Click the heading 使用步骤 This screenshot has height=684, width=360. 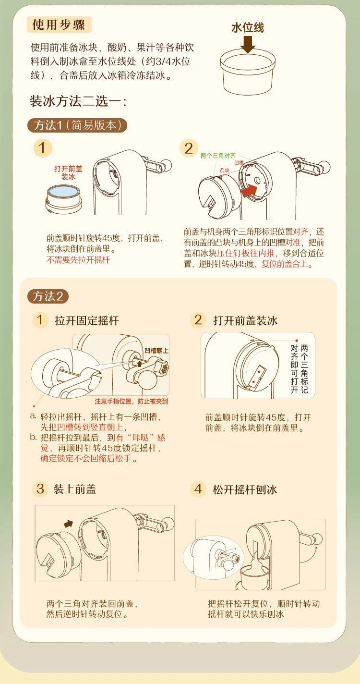pos(59,24)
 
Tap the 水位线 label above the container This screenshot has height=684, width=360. pos(247,28)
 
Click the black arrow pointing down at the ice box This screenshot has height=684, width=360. pos(247,44)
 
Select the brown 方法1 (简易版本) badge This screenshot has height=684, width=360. pos(77,125)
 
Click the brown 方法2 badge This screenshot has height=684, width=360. pos(48,296)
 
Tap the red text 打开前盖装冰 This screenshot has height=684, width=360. pos(68,172)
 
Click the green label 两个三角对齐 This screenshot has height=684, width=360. pos(218,156)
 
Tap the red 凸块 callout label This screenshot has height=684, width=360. pos(225,170)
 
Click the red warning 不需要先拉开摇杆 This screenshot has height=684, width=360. pos(78,260)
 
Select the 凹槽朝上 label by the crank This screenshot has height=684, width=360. pos(156,351)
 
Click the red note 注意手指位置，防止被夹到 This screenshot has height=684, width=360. pos(131,401)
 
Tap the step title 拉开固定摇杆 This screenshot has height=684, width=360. pos(87,321)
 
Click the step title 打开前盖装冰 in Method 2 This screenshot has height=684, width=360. pos(245,321)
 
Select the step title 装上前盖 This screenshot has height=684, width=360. pos(75,489)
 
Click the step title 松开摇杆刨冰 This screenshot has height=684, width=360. pos(245,489)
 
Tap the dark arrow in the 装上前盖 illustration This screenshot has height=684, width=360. pos(69,524)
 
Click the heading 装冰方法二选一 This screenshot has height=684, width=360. pos(78,101)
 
